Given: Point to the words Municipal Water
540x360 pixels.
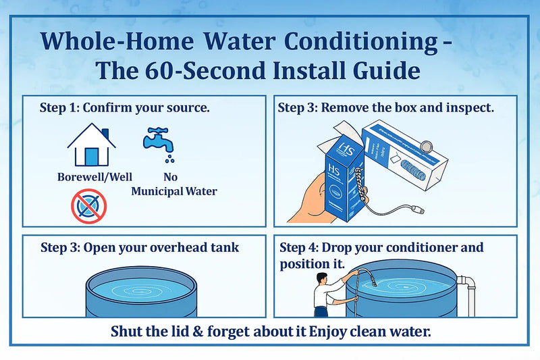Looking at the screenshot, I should point(174,191).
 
